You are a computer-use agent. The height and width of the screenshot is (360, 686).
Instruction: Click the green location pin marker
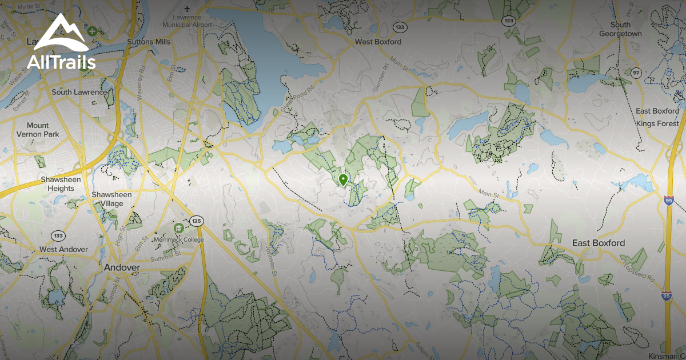343,181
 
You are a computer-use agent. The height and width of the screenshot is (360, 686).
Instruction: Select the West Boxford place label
378,42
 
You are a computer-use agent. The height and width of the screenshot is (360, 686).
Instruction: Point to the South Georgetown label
620,29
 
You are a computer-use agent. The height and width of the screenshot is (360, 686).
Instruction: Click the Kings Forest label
657,123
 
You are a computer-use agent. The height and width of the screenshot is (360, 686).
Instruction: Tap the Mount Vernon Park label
43,130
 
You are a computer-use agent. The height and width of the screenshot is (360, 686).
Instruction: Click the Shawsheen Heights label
61,183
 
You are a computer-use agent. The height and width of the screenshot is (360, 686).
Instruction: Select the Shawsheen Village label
111,199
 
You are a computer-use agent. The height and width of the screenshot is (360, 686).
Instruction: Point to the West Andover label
63,250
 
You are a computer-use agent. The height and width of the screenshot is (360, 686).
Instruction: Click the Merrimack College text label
179,239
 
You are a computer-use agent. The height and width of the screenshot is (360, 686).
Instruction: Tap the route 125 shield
197,221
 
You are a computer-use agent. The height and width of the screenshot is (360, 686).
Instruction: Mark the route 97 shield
636,73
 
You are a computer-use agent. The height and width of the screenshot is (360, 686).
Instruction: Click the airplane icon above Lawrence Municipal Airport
188,9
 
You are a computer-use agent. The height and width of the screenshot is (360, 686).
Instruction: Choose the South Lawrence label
79,92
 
